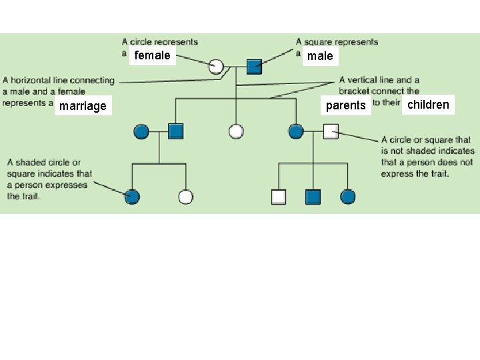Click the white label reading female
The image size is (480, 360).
click(152, 55)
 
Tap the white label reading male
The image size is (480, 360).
click(320, 56)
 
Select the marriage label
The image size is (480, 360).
click(83, 106)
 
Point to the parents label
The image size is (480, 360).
click(345, 105)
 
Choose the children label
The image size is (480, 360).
click(428, 105)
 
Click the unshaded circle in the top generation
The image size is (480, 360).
click(216, 66)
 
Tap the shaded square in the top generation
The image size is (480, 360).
click(254, 66)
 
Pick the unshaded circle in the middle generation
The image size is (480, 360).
click(236, 131)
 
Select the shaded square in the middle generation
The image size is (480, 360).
click(176, 131)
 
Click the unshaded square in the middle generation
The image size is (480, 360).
click(331, 131)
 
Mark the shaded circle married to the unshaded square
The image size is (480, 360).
click(296, 131)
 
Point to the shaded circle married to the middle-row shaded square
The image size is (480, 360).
click(141, 131)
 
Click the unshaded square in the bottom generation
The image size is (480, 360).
click(279, 197)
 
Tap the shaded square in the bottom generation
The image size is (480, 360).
click(313, 197)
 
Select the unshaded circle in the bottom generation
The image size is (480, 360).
click(186, 197)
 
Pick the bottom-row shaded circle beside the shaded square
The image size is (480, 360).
click(347, 197)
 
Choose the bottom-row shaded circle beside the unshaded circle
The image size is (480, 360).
click(132, 197)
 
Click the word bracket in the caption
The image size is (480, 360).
click(354, 91)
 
